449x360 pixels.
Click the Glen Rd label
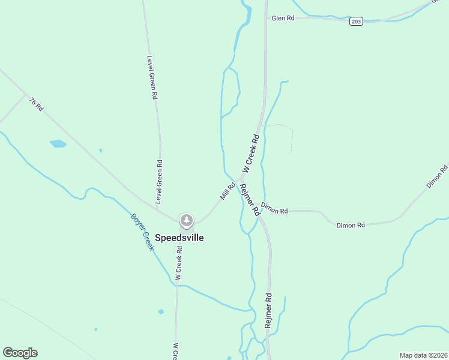(x=283, y=19)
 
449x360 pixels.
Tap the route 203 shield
(x=356, y=22)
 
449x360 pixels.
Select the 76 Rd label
(x=37, y=104)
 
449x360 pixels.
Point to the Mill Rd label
(x=228, y=191)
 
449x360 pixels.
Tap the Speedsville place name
(x=179, y=238)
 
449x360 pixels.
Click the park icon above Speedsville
(x=187, y=221)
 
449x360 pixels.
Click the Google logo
(x=20, y=353)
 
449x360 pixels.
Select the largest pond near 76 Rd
(x=58, y=143)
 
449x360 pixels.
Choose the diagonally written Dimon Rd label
(x=437, y=176)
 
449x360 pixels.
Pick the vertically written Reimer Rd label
(x=268, y=310)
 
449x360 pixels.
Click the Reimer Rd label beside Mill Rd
(x=249, y=199)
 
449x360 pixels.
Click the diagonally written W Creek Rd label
(x=251, y=154)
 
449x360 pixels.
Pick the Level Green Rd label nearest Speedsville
(x=160, y=181)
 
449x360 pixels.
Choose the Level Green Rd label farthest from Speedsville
(x=152, y=77)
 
